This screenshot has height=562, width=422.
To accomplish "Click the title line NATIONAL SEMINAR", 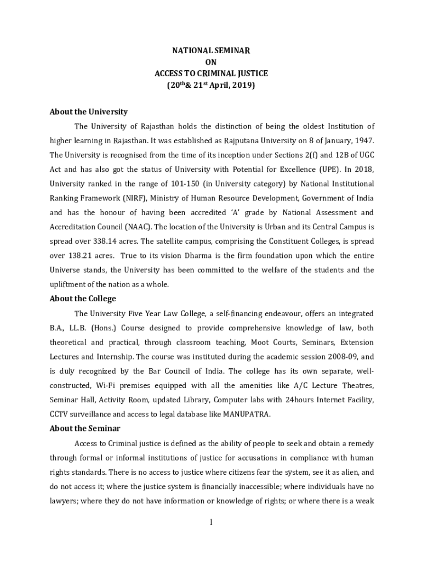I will [211, 50].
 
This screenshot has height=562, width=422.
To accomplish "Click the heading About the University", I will [88, 111].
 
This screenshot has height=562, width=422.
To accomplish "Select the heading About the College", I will [83, 299].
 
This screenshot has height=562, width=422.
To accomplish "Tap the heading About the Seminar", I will [85, 428].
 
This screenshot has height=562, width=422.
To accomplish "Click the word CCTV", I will [60, 414].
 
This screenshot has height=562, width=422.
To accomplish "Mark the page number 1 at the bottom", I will [211, 522].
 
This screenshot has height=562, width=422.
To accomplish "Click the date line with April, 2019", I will [211, 86].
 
